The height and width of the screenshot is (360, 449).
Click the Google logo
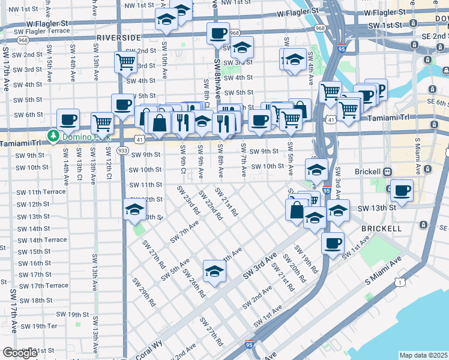(x=20, y=353)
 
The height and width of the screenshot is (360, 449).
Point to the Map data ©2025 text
(x=424, y=355)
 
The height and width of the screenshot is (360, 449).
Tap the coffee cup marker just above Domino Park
(x=68, y=119)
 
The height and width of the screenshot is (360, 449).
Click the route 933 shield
(x=123, y=150)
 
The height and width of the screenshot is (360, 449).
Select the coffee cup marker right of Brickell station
(x=402, y=191)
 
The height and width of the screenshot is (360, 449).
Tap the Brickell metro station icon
(x=388, y=172)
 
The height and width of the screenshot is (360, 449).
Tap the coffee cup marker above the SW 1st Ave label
(x=332, y=243)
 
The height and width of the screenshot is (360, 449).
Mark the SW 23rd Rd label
(x=188, y=200)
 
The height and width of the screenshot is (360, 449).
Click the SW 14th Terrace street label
(x=42, y=240)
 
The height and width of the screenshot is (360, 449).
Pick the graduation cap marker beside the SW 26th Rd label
(x=214, y=271)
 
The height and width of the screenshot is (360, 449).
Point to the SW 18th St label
(x=35, y=300)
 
